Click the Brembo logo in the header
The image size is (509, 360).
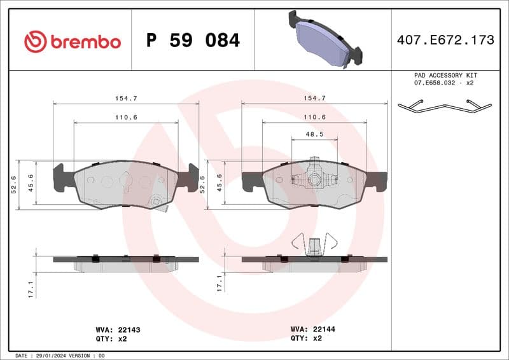tap(72, 41)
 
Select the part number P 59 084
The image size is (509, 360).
tap(193, 41)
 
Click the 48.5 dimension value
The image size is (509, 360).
tap(314, 135)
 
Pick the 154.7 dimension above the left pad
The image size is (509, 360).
tap(126, 99)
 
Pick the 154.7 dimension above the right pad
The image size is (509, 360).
tap(314, 99)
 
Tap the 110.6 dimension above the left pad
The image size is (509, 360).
tap(126, 118)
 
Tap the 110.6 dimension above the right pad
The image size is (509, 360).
tap(314, 118)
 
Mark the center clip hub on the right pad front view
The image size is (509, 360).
tap(314, 181)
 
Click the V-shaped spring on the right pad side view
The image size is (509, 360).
tap(313, 245)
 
